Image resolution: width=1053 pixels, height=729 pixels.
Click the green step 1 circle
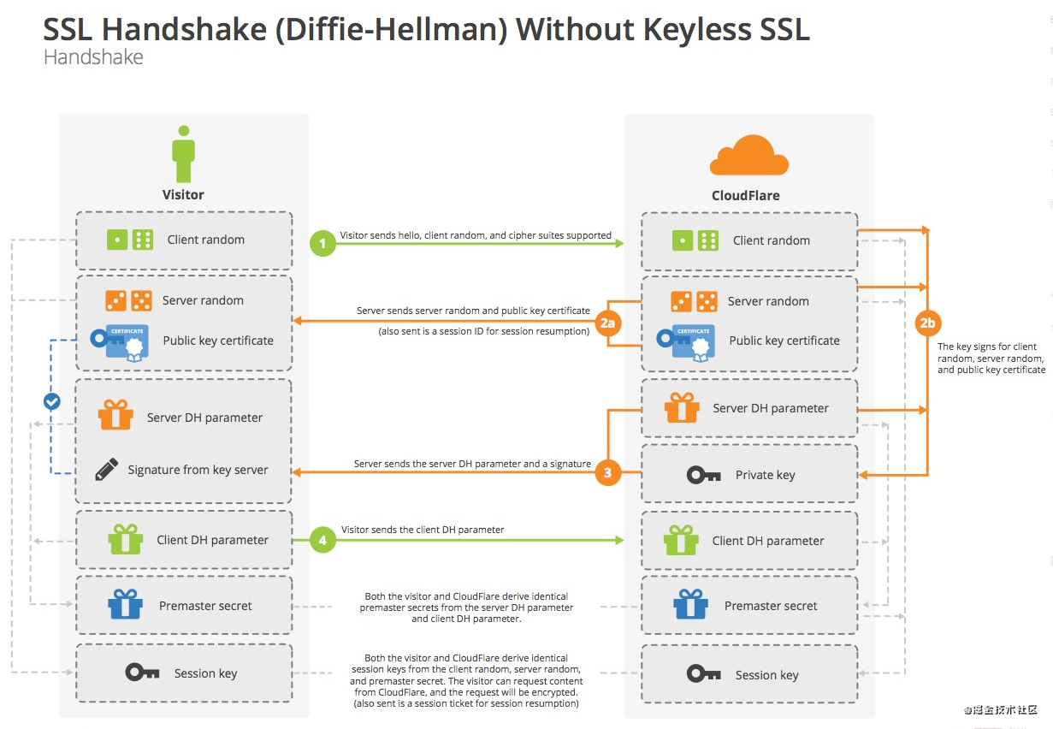322,244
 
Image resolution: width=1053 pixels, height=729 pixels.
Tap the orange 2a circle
607,323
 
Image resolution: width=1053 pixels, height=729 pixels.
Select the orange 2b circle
928,323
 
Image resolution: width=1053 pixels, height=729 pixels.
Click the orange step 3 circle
607,472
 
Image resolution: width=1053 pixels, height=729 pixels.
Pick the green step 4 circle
322,541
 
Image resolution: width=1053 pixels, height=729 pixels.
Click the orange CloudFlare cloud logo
749,157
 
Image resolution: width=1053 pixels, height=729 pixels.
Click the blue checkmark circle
52,400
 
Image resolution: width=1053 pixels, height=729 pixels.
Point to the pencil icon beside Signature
107,469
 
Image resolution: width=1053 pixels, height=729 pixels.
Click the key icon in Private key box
704,475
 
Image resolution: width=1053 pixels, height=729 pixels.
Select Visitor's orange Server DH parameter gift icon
115,415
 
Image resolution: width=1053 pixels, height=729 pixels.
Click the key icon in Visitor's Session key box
142,673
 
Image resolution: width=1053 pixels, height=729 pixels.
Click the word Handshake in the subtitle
93,57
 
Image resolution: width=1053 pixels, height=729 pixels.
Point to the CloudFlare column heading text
745,195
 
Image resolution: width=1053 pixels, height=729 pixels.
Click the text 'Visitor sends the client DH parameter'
423,530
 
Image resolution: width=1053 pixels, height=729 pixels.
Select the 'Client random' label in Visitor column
205,240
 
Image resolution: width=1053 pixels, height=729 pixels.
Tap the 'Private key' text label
765,475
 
